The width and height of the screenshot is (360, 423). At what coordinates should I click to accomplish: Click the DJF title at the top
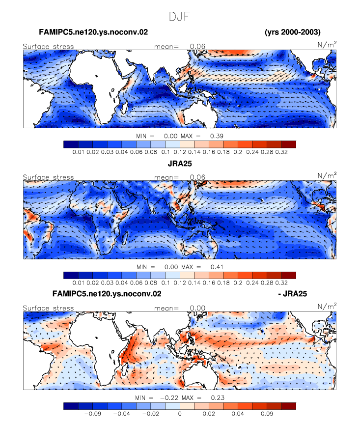coord(179,16)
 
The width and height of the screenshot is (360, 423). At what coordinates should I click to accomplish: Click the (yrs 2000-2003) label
coord(293,32)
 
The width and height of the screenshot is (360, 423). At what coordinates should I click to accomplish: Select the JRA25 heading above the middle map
coord(180,164)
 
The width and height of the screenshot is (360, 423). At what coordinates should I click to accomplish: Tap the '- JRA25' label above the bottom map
coord(292,293)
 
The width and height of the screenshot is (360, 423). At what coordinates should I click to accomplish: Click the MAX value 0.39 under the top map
coord(217,136)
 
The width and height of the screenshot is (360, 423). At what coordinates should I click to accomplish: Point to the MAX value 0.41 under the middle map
coord(217,267)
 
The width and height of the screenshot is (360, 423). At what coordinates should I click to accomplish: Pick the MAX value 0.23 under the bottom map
coord(218,397)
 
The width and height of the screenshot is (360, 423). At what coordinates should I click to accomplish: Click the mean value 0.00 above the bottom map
coord(197,308)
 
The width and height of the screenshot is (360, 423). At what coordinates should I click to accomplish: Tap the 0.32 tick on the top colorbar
coord(281,152)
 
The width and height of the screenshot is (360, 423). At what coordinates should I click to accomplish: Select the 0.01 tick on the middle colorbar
coord(79,282)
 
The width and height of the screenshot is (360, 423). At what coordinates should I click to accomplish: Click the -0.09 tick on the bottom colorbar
coord(93,414)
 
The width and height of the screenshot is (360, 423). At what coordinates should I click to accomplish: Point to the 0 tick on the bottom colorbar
coord(180,414)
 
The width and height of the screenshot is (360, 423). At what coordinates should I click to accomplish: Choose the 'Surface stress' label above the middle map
coord(48,177)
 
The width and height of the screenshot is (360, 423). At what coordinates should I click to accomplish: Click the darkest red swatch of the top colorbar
coord(289,144)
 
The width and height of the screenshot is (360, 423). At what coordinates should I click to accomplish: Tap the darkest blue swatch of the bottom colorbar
coord(71,406)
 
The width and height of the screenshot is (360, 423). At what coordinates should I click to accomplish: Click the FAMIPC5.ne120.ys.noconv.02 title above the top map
coord(93,32)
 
